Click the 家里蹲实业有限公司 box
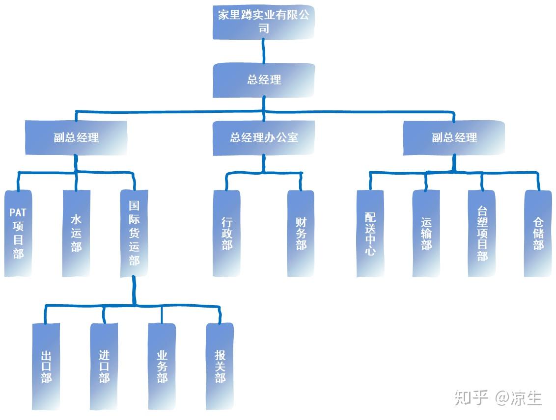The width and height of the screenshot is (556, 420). (x=264, y=22)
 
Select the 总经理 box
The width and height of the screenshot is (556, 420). (x=264, y=79)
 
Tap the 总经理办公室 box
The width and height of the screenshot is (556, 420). (x=264, y=137)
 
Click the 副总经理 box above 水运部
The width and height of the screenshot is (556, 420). (x=76, y=137)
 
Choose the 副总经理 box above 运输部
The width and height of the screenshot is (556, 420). (x=454, y=137)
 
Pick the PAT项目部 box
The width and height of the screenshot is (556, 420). (x=18, y=233)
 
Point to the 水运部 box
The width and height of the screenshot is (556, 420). (x=76, y=233)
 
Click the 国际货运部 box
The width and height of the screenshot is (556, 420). (x=134, y=233)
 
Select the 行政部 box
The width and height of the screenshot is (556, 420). (x=226, y=233)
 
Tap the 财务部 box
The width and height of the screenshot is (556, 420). (x=301, y=233)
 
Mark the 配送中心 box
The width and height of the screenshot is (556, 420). (x=370, y=233)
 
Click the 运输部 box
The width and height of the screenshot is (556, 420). (x=426, y=233)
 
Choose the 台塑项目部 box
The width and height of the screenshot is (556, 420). (x=482, y=233)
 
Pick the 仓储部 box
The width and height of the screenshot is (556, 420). (x=538, y=233)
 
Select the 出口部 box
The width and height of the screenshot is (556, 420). (x=46, y=366)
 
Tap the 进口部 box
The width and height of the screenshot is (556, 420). (x=104, y=366)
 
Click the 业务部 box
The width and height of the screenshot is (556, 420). (x=162, y=366)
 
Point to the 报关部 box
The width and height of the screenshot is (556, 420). (x=220, y=366)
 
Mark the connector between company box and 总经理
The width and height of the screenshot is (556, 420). (x=264, y=51)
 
